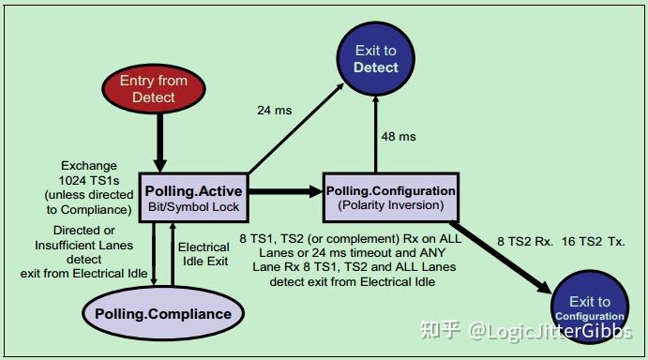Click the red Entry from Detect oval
[x=155, y=89]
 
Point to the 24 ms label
[x=274, y=111]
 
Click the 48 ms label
[x=399, y=137]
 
